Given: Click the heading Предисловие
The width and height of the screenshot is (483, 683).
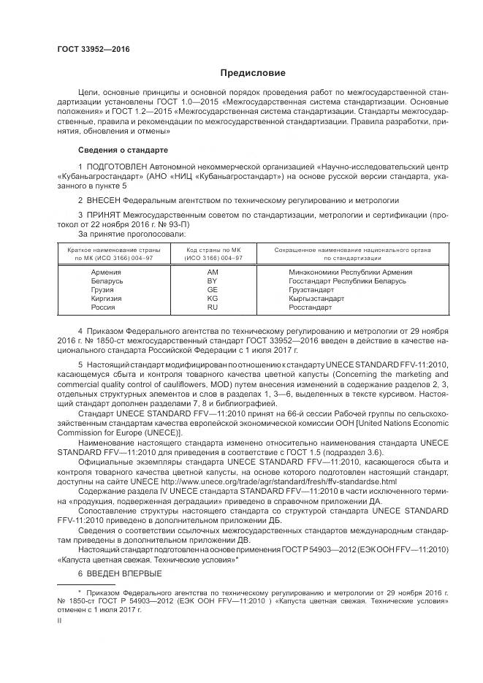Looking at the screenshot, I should (254, 73).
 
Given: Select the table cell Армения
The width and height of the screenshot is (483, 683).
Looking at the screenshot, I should (107, 272).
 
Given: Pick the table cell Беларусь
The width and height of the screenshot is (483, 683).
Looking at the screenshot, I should (107, 281).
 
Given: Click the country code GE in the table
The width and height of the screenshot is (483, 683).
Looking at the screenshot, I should (213, 289).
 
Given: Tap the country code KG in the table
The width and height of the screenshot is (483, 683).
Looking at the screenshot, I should (213, 298).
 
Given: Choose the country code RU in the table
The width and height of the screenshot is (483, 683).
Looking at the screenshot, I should (213, 308).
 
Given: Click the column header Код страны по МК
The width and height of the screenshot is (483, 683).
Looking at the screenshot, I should (213, 250).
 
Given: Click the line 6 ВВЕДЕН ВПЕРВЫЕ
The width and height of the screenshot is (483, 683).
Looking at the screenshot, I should (120, 573).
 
